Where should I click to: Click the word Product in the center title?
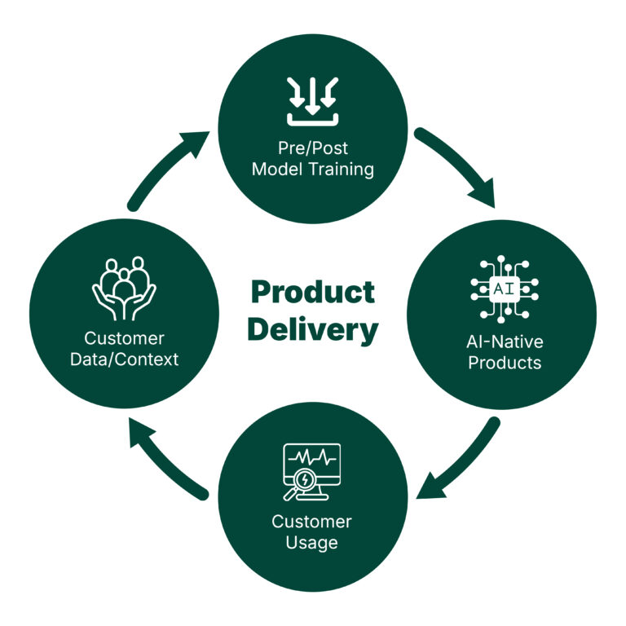(313, 293)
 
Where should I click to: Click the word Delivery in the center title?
(313, 331)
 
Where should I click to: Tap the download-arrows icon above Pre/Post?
(313, 102)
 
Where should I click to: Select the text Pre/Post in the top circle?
(313, 148)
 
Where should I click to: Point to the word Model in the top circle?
(277, 170)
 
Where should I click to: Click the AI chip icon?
(505, 289)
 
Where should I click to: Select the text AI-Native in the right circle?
(505, 342)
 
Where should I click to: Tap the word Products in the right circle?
(505, 363)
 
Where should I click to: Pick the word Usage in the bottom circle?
(312, 543)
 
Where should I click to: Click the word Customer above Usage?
(312, 522)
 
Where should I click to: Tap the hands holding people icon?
(124, 289)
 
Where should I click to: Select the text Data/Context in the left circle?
(124, 359)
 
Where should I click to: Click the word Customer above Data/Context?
(124, 338)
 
